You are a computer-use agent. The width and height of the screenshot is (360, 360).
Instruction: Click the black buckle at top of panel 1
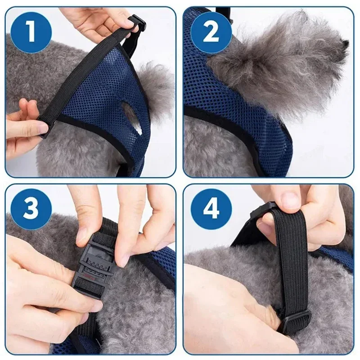coord(137,22)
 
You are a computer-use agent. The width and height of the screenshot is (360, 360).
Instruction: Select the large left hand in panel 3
coord(40,288)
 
